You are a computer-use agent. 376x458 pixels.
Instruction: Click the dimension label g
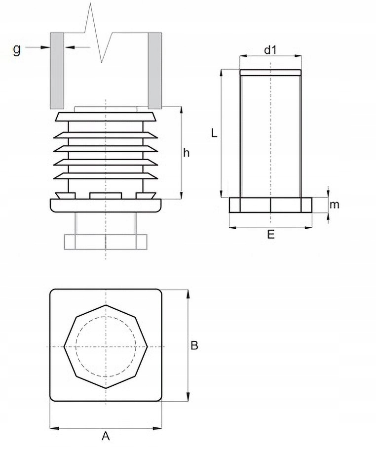pyautogui.click(x=17, y=49)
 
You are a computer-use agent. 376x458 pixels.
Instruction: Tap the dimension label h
pyautogui.click(x=186, y=153)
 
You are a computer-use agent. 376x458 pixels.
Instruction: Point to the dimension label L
pyautogui.click(x=213, y=133)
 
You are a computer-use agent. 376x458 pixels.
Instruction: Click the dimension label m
pyautogui.click(x=335, y=205)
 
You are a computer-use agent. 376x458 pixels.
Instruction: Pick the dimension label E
pyautogui.click(x=270, y=235)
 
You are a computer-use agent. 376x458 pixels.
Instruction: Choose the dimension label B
pyautogui.click(x=194, y=346)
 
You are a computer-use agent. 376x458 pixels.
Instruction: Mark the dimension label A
pyautogui.click(x=105, y=436)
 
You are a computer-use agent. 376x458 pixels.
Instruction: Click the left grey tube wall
pyautogui.click(x=57, y=70)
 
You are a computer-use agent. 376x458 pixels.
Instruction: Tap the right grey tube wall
pyautogui.click(x=155, y=70)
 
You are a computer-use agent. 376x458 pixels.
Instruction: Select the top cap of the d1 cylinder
pyautogui.click(x=270, y=73)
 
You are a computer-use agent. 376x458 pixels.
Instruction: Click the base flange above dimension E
pyautogui.click(x=270, y=205)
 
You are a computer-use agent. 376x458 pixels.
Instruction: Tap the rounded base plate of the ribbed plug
pyautogui.click(x=106, y=205)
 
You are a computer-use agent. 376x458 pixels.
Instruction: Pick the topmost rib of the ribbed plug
pyautogui.click(x=106, y=117)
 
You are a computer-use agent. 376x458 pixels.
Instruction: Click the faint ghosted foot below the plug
pyautogui.click(x=106, y=241)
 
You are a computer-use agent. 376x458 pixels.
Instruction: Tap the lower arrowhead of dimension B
pyautogui.click(x=188, y=397)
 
